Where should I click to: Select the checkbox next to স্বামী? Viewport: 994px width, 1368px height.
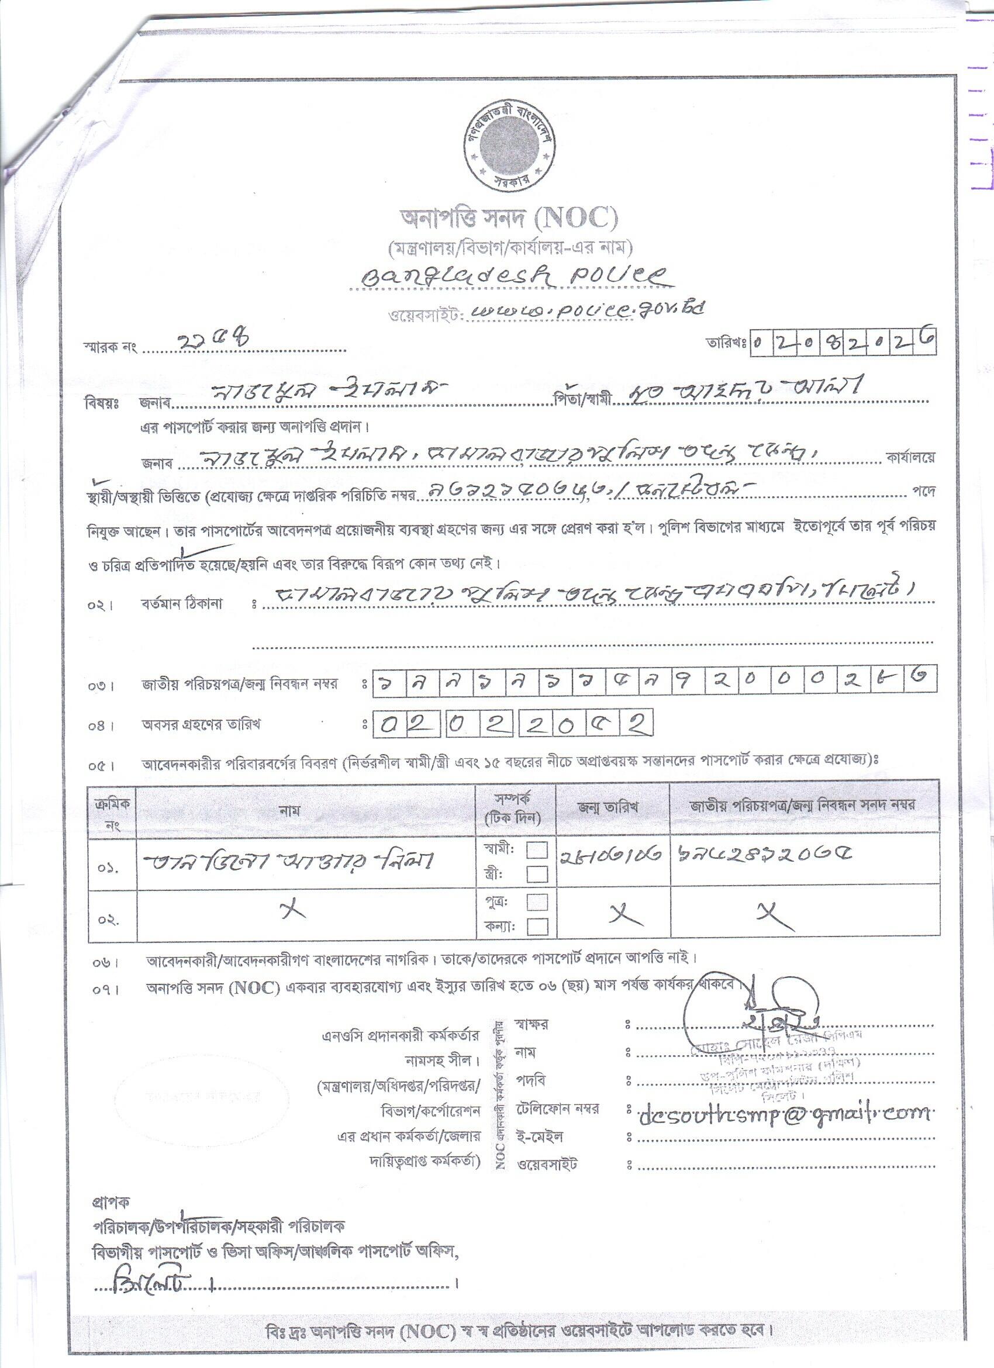537,850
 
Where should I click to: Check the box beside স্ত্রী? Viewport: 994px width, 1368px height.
537,874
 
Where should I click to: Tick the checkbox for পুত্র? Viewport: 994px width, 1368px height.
537,901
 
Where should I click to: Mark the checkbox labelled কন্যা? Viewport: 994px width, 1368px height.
537,926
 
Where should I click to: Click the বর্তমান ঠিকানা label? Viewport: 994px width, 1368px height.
181,604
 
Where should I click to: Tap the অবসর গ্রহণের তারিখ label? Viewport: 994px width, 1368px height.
201,724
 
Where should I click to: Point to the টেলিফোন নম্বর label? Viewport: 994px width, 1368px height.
557,1108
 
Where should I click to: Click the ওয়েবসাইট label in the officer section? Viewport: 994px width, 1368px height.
547,1165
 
